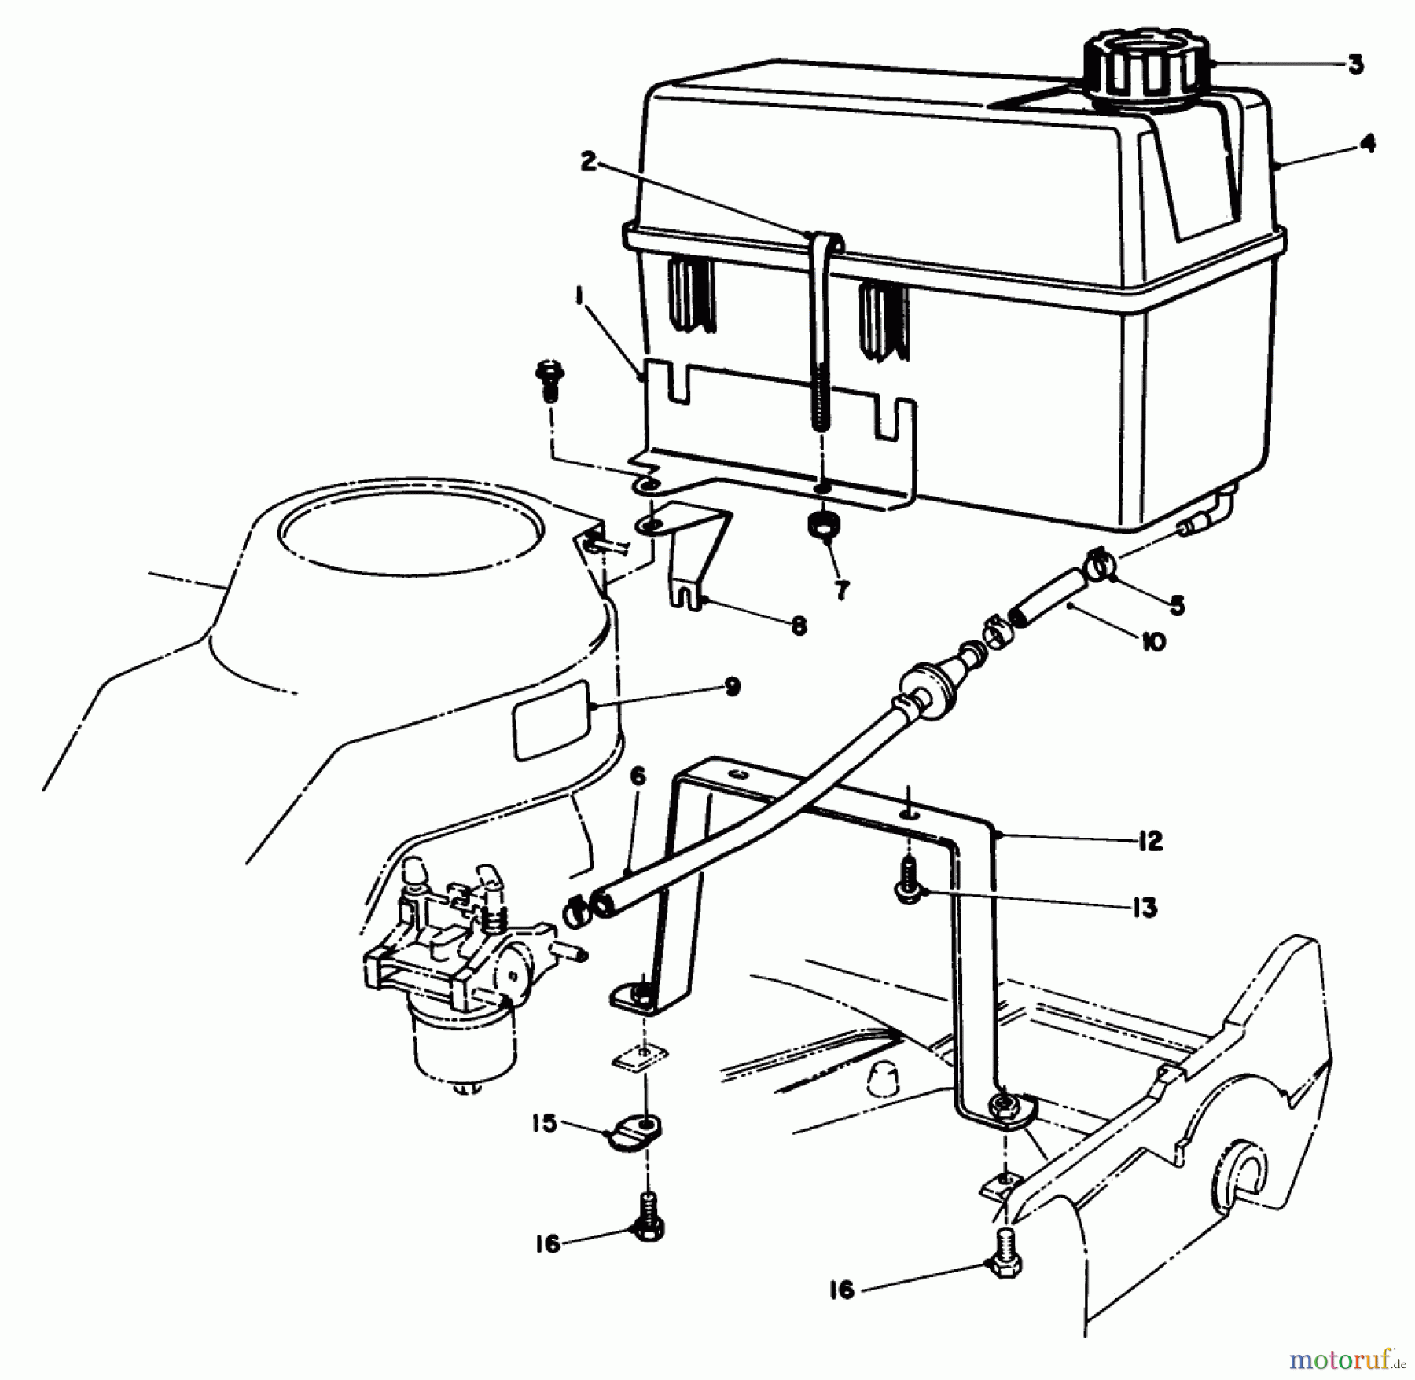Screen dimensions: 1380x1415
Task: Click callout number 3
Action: [x=1355, y=65]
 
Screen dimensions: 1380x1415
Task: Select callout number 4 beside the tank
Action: [x=1368, y=143]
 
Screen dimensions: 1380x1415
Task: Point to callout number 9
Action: [x=731, y=687]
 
